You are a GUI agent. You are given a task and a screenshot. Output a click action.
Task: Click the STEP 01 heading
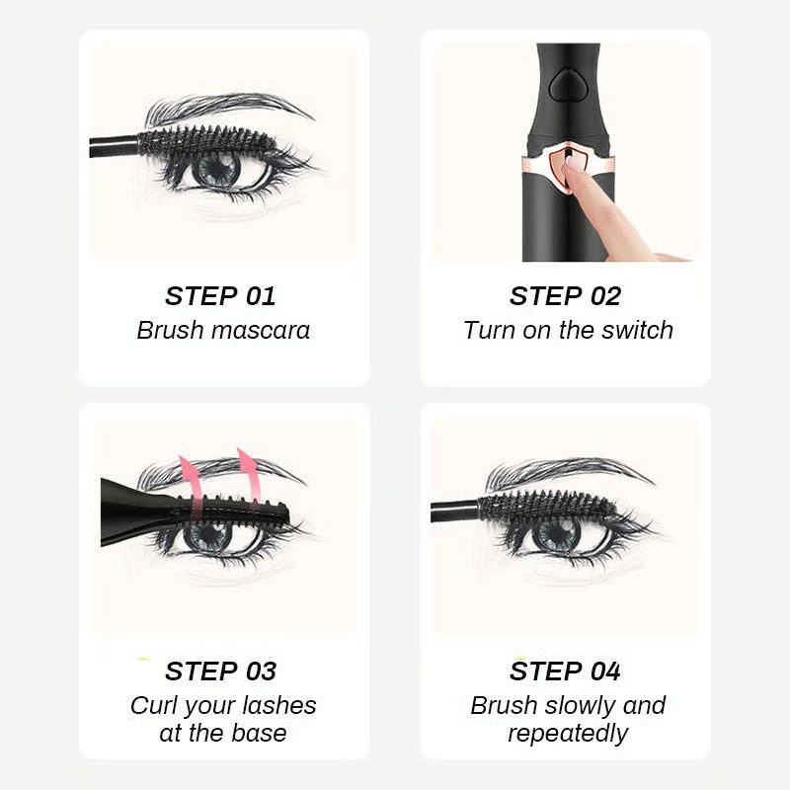pos(220,296)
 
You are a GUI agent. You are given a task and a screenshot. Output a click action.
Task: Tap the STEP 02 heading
pos(565,296)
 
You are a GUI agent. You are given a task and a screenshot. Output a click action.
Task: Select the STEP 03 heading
pos(220,671)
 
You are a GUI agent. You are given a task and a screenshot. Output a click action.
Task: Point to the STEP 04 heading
pos(565,671)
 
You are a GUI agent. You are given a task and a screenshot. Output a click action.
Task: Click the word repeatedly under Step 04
pos(568,733)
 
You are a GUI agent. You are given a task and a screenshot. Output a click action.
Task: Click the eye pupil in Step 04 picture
pos(558,535)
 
